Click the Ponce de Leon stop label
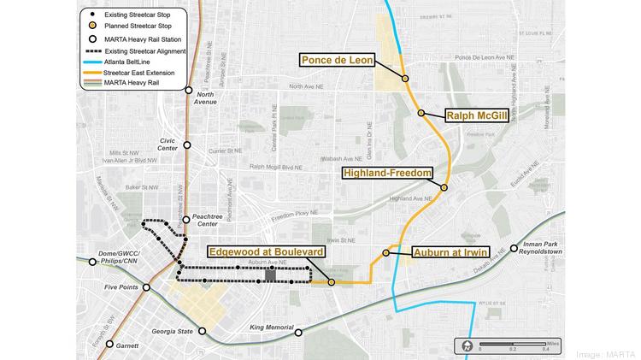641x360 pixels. [x=348, y=60]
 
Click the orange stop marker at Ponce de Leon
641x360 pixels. [x=405, y=79]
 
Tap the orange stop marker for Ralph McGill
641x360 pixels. [x=421, y=113]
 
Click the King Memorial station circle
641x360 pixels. [x=297, y=332]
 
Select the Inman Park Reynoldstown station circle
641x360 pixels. [x=515, y=251]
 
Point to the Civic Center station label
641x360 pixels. [x=168, y=142]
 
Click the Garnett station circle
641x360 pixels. [x=110, y=344]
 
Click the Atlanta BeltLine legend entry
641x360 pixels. [x=142, y=62]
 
